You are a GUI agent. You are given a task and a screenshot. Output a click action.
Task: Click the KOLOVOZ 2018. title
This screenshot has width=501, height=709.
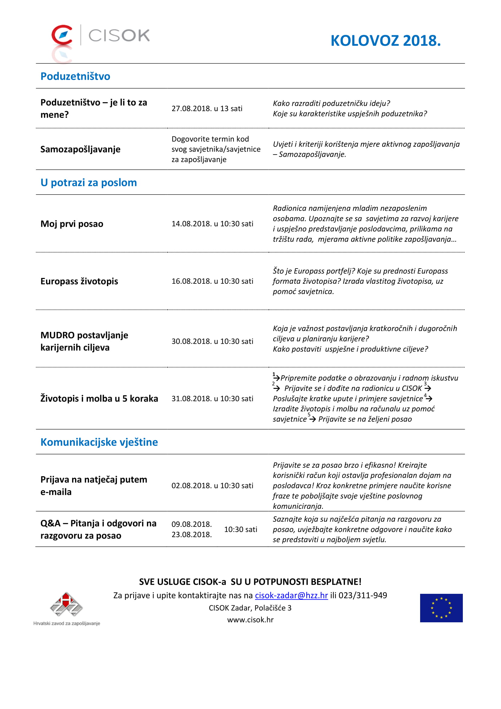(x=385, y=41)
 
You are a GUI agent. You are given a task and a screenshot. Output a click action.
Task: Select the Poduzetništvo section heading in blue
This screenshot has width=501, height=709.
(x=75, y=76)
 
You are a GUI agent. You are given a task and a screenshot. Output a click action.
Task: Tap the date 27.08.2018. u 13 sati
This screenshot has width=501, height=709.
(x=207, y=109)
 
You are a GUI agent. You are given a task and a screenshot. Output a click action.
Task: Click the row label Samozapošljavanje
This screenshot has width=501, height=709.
(x=80, y=149)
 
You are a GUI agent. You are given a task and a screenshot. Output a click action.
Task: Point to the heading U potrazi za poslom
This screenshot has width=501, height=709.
(x=88, y=182)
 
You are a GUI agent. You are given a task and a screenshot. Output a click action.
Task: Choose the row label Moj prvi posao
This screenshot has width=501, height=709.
(x=72, y=224)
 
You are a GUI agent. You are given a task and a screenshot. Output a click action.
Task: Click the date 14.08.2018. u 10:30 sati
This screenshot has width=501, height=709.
(x=212, y=224)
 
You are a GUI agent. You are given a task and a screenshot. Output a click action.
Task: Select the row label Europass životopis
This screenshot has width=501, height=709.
(x=79, y=281)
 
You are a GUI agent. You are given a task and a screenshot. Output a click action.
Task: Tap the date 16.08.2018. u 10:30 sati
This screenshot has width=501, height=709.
(x=212, y=281)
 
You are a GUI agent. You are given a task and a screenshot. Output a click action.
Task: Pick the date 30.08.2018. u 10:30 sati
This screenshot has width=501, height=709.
(x=212, y=342)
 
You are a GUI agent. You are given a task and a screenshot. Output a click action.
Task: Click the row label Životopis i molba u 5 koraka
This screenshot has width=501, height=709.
(x=99, y=399)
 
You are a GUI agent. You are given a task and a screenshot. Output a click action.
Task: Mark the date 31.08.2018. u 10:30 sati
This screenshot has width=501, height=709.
(x=212, y=399)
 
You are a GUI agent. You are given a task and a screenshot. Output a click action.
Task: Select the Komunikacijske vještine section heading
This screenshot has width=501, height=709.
(x=99, y=442)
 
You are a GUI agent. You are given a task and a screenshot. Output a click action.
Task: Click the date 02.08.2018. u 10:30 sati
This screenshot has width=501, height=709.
(x=212, y=486)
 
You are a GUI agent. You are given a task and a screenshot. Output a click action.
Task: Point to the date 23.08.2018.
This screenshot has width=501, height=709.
(x=191, y=534)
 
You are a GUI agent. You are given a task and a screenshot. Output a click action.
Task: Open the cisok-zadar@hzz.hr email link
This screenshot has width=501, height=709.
(x=291, y=595)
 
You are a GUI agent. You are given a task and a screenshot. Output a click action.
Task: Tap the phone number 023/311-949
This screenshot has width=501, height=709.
(x=363, y=595)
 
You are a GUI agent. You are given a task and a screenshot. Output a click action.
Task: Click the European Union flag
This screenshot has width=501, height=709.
(x=441, y=608)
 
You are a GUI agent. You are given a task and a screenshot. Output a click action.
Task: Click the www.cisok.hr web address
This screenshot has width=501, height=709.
(x=250, y=620)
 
